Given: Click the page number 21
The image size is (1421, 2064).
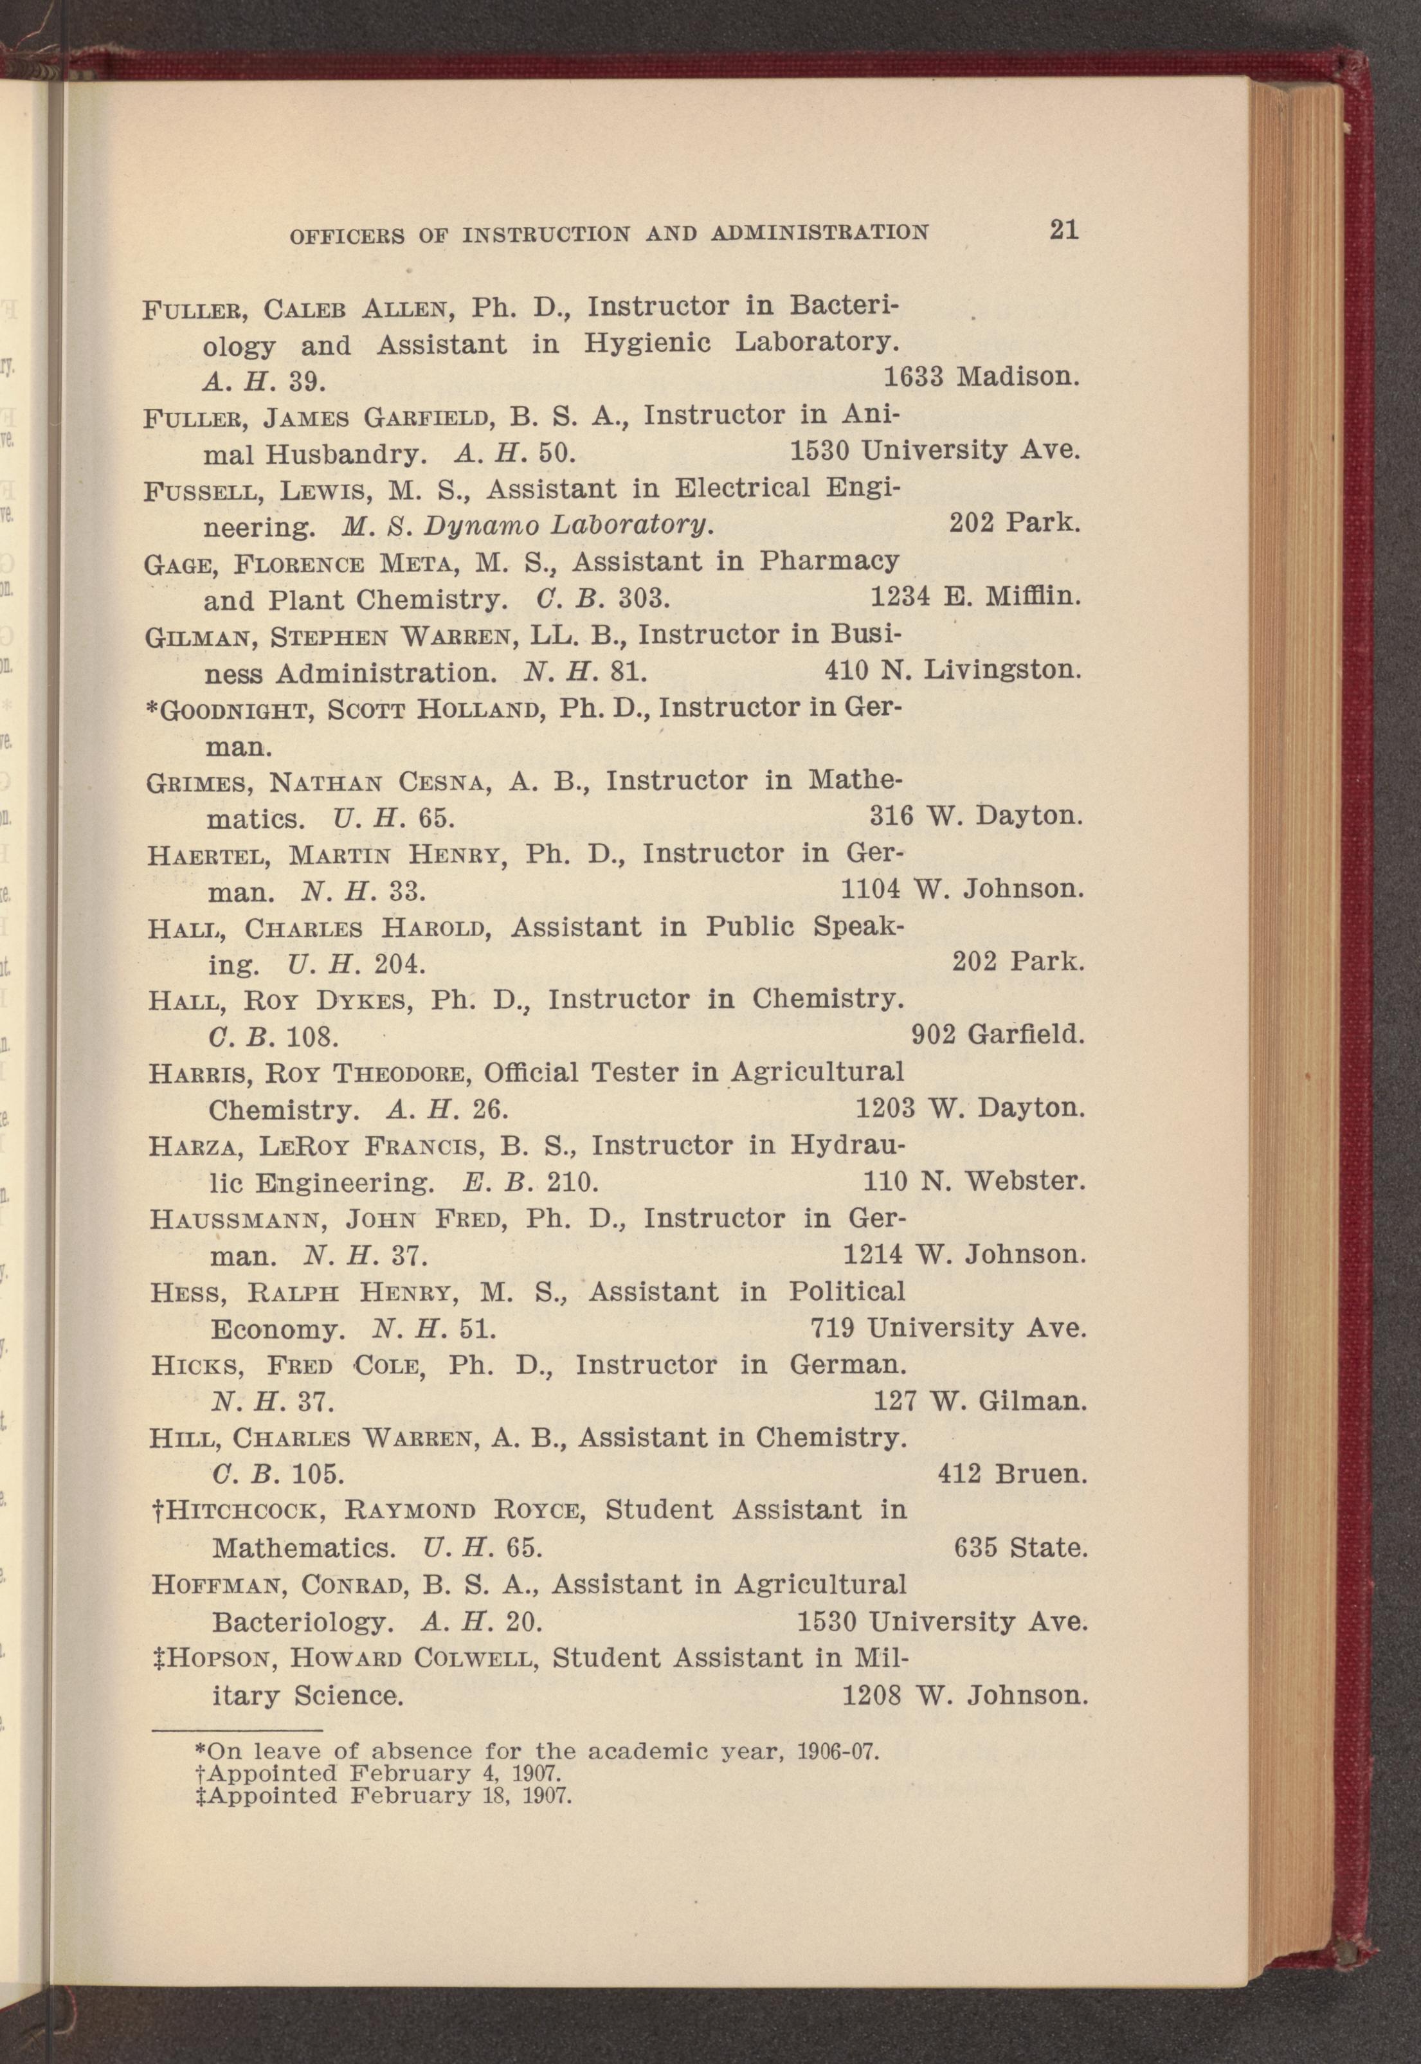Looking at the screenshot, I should [x=1064, y=231].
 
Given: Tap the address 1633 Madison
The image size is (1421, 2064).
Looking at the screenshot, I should [x=981, y=377].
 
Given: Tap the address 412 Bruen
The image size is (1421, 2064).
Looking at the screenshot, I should [x=1012, y=1474].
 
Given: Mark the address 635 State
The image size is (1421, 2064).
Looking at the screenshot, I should [x=1021, y=1548].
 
